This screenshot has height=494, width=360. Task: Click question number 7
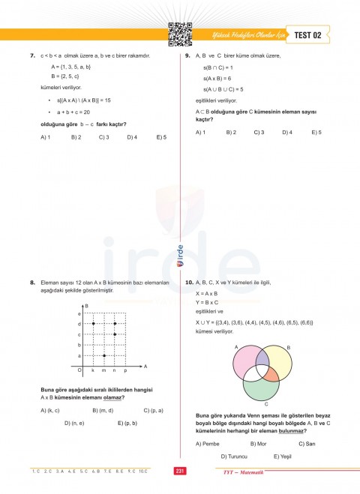[x=33, y=56]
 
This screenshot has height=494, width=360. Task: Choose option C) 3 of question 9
[x=258, y=132]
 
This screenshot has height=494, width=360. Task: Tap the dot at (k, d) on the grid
[x=93, y=323]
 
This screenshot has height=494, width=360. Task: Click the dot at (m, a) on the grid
[x=103, y=355]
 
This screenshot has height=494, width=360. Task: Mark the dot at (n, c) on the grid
[x=114, y=334]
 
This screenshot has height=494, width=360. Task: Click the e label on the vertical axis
[x=79, y=313]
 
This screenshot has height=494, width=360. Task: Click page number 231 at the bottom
[x=179, y=471]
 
